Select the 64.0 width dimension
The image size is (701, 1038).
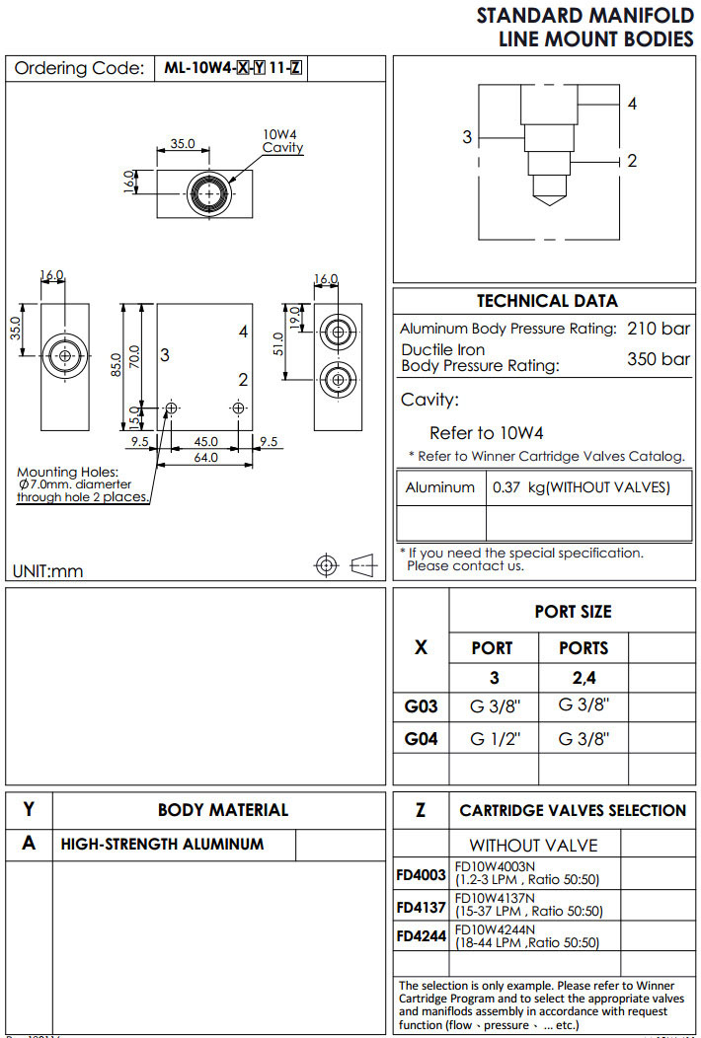(x=205, y=457)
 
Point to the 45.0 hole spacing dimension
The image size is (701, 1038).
(x=205, y=441)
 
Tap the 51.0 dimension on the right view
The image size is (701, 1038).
(x=279, y=343)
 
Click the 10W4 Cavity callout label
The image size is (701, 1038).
(x=281, y=141)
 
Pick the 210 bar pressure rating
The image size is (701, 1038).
(x=659, y=328)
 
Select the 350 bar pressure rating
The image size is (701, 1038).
(x=659, y=358)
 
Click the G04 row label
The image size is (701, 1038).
(x=422, y=738)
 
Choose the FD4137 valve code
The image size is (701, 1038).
(x=422, y=906)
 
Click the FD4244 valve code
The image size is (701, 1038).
(x=422, y=935)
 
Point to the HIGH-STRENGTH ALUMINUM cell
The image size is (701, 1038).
(x=163, y=845)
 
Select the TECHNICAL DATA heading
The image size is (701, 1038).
(x=547, y=301)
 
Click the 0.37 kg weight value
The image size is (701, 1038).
(x=581, y=487)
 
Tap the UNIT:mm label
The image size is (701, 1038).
(x=47, y=571)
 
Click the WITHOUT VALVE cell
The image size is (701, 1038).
(x=533, y=845)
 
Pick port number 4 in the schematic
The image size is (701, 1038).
(x=632, y=103)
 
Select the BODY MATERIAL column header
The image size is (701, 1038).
(x=223, y=810)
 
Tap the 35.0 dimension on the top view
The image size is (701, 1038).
(x=183, y=143)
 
